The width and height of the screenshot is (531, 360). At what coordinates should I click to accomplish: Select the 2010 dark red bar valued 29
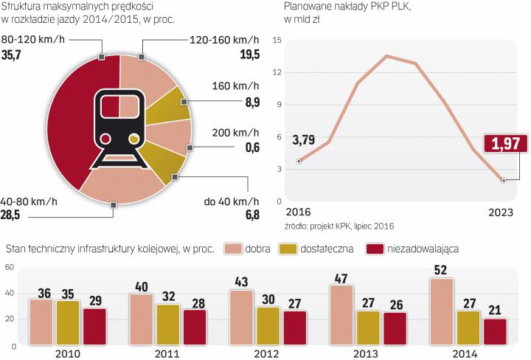[x=94, y=324]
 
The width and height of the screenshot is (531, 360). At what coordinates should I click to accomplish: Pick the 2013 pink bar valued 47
[x=341, y=312]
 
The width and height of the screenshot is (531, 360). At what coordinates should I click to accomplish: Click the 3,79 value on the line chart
[x=302, y=139]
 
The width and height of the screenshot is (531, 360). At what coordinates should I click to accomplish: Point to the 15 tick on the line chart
[x=277, y=40]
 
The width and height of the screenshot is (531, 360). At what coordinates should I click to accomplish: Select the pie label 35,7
[x=14, y=55]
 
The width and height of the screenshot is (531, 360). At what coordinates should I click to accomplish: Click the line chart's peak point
[x=386, y=56]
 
